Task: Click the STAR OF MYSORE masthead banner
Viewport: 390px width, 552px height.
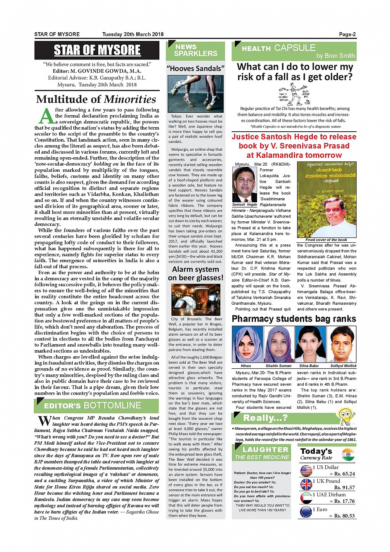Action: click(97, 50)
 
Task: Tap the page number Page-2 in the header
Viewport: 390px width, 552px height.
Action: click(347, 34)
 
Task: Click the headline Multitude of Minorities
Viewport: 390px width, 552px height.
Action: click(96, 100)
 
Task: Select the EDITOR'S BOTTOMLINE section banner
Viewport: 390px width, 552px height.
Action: click(97, 406)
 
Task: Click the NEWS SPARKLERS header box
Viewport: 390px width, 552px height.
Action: click(196, 51)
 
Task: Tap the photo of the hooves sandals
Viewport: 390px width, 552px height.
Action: click(196, 94)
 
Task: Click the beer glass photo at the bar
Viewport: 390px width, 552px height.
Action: click(196, 299)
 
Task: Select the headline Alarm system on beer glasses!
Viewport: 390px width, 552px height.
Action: click(196, 274)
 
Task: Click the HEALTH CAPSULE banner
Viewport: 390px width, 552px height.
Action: click(294, 51)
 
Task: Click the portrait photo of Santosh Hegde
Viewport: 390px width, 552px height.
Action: click(244, 184)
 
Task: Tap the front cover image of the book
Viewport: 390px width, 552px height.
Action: click(326, 200)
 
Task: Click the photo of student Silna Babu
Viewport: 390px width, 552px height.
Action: click(309, 344)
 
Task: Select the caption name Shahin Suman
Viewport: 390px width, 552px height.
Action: click(278, 366)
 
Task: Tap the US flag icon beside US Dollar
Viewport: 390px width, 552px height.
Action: click(306, 471)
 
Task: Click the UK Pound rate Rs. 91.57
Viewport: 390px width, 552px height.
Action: click(344, 488)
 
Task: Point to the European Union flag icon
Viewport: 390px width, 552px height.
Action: click(306, 512)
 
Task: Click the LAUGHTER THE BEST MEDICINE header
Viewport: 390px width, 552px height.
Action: click(262, 453)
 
